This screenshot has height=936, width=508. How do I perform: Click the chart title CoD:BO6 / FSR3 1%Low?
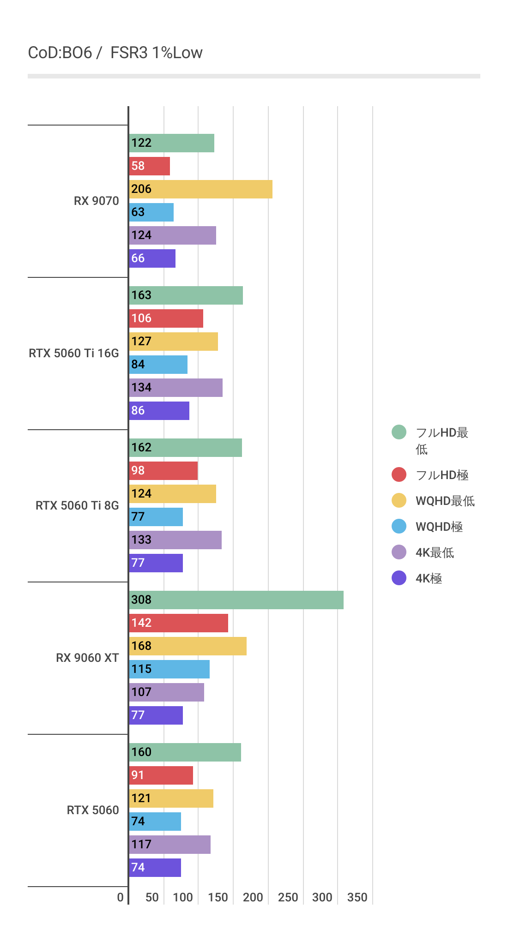115,53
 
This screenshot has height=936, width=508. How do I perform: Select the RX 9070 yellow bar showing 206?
200,189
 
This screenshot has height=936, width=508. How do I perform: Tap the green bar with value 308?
236,600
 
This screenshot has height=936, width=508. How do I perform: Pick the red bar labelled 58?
149,166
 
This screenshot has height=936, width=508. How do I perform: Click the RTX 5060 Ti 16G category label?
74,353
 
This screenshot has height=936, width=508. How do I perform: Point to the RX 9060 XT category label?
87,658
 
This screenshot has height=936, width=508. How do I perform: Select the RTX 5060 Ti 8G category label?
77,505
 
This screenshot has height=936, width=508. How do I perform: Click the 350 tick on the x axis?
357,897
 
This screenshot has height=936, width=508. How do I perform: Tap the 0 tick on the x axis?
121,897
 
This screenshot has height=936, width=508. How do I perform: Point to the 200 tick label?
253,897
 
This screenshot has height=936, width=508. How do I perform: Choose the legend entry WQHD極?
439,527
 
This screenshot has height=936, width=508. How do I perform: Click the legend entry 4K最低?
435,552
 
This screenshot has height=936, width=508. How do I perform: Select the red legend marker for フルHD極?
399,474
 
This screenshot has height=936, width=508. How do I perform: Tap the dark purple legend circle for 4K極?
399,578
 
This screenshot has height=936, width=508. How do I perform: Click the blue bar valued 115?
169,669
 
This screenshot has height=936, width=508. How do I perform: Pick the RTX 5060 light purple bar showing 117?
169,845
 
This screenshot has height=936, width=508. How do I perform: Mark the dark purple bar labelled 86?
159,411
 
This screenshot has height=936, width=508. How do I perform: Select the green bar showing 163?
186,295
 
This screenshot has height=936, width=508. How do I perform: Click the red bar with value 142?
178,623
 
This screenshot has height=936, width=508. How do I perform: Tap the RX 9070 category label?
96,201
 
